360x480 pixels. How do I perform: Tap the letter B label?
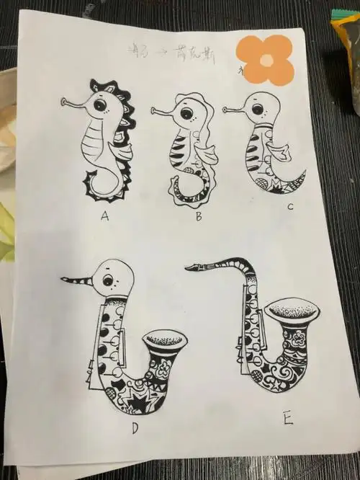[197, 214]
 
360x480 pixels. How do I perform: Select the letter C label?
[289, 208]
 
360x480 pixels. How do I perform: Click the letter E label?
[288, 418]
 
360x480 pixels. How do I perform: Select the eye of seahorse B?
[186, 114]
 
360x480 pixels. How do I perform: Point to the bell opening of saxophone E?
[294, 311]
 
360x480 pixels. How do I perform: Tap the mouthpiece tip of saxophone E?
[190, 269]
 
